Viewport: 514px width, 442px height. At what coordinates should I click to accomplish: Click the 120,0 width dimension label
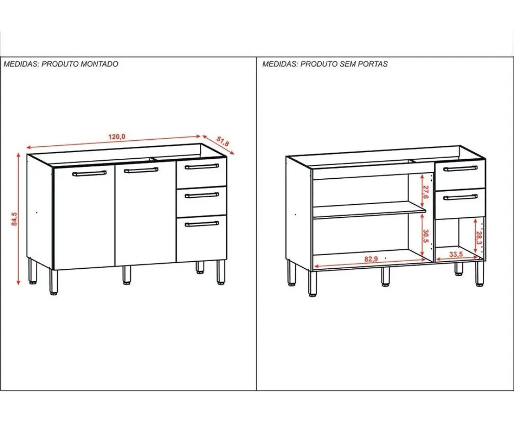(116, 137)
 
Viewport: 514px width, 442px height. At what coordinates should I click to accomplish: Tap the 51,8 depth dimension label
(222, 141)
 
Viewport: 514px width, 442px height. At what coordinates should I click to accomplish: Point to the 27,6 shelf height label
(426, 192)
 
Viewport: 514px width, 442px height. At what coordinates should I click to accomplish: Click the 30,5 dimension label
(426, 236)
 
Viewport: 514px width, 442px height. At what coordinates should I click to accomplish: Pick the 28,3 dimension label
(479, 238)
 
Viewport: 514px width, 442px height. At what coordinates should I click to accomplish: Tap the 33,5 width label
(456, 254)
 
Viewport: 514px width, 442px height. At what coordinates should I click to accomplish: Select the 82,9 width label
(371, 259)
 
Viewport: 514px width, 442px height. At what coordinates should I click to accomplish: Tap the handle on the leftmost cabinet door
(90, 173)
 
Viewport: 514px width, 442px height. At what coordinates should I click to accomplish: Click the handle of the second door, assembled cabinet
(141, 170)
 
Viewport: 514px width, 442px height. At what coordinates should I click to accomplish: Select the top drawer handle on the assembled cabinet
(202, 166)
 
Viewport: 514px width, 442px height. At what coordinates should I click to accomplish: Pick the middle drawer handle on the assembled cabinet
(202, 195)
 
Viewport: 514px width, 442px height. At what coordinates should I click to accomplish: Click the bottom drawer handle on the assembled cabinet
(202, 224)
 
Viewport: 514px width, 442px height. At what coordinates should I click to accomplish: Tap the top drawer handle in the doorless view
(461, 169)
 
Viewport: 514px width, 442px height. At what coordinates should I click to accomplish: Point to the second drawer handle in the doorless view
(461, 197)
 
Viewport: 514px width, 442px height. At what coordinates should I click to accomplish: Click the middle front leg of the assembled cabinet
(127, 275)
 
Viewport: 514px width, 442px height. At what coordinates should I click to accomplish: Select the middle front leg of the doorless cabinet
(385, 276)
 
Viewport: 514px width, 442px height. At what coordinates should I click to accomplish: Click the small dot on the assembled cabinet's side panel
(37, 213)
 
